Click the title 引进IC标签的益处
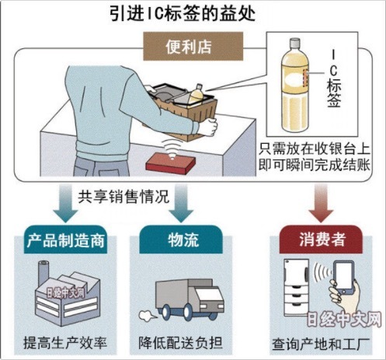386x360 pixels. coord(183,14)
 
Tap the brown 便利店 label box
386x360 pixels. coord(193,47)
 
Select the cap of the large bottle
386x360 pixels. coord(294,43)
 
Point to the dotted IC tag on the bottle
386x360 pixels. coord(306,78)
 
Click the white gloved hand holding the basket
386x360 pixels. coord(208,128)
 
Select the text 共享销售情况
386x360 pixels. coord(124,197)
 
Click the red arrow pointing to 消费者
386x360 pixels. coord(322,203)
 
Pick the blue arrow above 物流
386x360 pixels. coord(181,203)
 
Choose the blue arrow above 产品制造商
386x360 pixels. coord(65,203)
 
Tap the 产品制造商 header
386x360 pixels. coord(65,239)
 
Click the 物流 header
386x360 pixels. coord(181,239)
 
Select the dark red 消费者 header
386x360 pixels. coord(321,239)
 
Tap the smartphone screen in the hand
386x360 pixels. coord(344,276)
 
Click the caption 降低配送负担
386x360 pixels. coord(181,343)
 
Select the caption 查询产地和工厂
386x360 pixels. coord(321,344)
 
